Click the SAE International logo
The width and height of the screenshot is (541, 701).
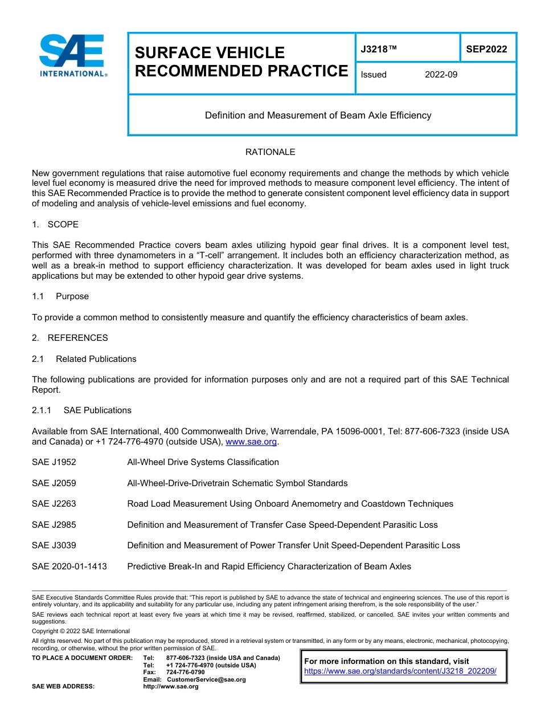(x=73, y=55)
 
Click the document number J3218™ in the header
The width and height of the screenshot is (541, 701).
(x=378, y=49)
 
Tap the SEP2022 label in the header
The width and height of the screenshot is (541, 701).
(x=486, y=49)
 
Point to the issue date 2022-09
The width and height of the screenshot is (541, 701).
(x=441, y=75)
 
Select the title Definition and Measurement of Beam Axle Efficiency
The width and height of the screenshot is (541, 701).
(x=318, y=115)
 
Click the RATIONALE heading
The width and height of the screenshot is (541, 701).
(x=270, y=152)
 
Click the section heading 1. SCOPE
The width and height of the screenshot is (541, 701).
(x=55, y=225)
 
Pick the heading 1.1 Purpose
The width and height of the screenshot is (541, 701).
(x=60, y=296)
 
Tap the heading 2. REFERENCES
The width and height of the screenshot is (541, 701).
(x=69, y=338)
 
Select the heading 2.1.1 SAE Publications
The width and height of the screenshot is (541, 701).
(x=81, y=410)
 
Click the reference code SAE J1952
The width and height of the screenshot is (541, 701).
(x=54, y=462)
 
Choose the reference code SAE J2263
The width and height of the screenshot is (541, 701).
(x=54, y=504)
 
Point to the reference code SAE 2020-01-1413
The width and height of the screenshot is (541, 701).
(x=69, y=566)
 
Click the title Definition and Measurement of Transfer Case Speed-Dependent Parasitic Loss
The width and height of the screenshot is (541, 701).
(x=282, y=525)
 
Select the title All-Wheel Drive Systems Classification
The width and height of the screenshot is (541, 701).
(x=203, y=462)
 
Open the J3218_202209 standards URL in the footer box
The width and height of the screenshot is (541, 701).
(x=400, y=671)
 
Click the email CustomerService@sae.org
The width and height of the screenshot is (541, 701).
(x=206, y=679)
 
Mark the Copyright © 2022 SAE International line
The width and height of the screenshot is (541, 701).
(x=81, y=631)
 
